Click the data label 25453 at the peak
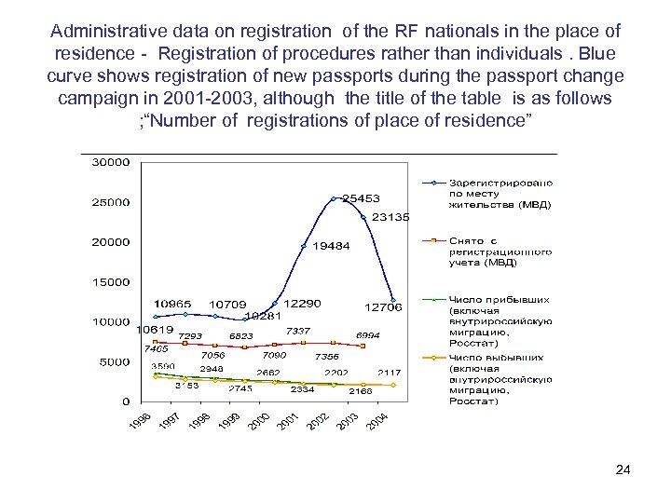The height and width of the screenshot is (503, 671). pyautogui.click(x=361, y=198)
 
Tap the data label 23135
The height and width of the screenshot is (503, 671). pyautogui.click(x=390, y=217)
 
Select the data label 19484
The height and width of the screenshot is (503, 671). pyautogui.click(x=331, y=247)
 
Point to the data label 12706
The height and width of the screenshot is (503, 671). pyautogui.click(x=383, y=306)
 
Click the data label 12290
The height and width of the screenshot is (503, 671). pyautogui.click(x=303, y=304)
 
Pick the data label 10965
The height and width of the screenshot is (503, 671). pyautogui.click(x=172, y=304)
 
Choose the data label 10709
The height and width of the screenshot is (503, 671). pyautogui.click(x=227, y=305)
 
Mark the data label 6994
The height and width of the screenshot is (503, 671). pyautogui.click(x=367, y=335)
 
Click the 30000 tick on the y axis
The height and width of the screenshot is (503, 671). pyautogui.click(x=110, y=162)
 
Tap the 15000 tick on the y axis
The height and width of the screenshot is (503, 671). pyautogui.click(x=110, y=282)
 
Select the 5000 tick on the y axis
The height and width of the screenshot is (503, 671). pyautogui.click(x=113, y=362)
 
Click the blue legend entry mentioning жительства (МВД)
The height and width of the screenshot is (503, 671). pyautogui.click(x=500, y=193)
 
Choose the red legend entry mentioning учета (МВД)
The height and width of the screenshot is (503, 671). pyautogui.click(x=500, y=251)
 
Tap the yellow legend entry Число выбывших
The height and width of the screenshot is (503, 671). pyautogui.click(x=500, y=379)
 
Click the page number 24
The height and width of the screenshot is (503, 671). pyautogui.click(x=623, y=469)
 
